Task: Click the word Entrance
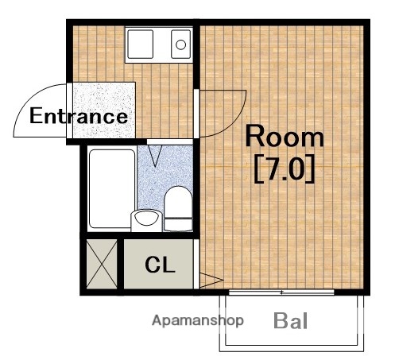pos(78,116)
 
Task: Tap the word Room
pos(284,137)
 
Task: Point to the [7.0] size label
pos(284,171)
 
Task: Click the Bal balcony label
pos(291,322)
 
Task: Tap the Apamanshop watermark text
pos(198,321)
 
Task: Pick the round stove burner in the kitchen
pos(180,44)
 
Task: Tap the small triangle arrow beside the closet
pos(208,280)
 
